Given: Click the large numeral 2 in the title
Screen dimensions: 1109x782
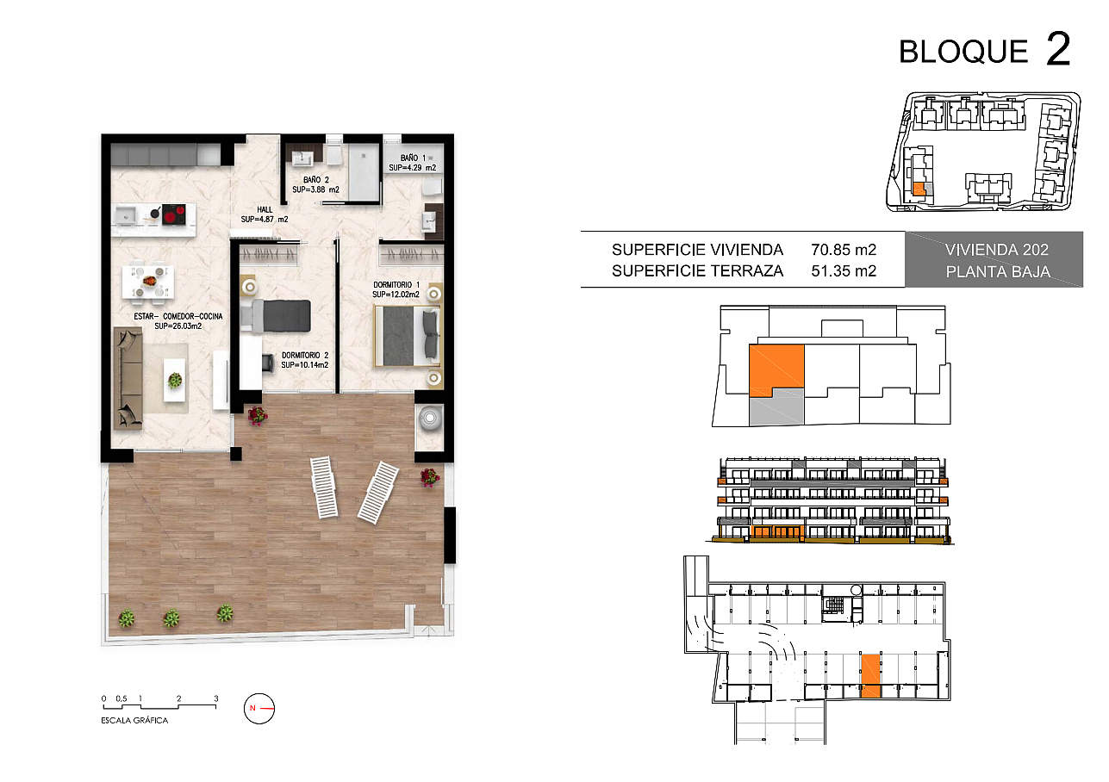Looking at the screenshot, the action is point(1058,48).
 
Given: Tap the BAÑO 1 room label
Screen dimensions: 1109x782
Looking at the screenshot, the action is point(413,163).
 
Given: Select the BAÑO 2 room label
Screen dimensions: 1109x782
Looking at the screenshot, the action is point(316,184).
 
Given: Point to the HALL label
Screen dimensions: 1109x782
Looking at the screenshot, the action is point(265,214).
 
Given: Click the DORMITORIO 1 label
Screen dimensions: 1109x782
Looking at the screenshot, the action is point(396,289).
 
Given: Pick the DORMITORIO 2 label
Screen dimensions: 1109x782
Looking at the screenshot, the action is point(305,360).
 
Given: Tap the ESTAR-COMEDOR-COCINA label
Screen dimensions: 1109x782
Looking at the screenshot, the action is point(178,320).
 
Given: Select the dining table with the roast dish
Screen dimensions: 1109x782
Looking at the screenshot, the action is point(148,282).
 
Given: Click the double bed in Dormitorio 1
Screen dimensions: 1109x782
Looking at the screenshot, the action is point(408,336).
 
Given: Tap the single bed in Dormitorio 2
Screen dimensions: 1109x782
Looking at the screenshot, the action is point(276,315).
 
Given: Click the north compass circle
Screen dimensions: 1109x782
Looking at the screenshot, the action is point(259,708).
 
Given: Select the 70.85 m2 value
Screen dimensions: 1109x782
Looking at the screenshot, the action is point(844,250).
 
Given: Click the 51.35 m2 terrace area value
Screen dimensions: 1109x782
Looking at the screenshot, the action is point(844,270).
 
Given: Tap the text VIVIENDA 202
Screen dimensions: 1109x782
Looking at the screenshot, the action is point(997,250).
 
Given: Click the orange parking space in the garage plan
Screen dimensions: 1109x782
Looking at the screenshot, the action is point(871,675).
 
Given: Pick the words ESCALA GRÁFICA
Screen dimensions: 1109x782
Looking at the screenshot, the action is point(134,721).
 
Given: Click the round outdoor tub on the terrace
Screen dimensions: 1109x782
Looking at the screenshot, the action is point(429,419).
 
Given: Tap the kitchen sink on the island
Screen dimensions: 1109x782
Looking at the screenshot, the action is point(127,215).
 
